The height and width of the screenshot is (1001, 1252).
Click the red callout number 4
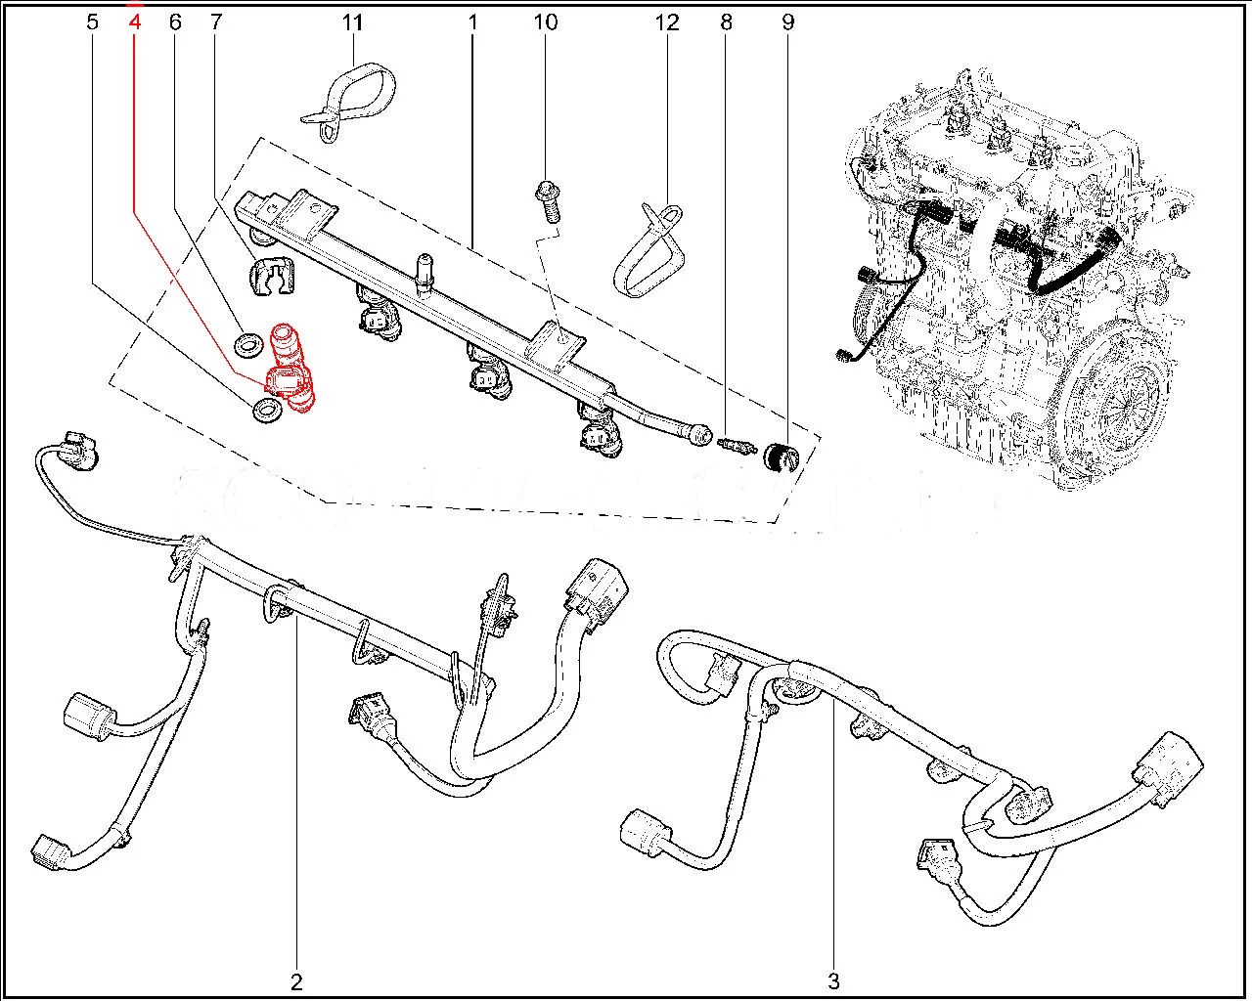[x=135, y=22]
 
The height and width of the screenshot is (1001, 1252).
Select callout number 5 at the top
[x=92, y=22]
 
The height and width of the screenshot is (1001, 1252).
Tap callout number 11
[x=352, y=22]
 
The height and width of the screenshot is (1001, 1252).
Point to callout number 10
[x=546, y=22]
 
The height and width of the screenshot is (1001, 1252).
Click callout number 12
[x=667, y=22]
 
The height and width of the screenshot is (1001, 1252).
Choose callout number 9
[x=788, y=22]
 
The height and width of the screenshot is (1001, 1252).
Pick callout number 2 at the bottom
[x=296, y=980]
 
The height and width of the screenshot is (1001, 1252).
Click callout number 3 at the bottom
[x=833, y=980]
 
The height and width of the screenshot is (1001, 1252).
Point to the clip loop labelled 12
[x=650, y=249]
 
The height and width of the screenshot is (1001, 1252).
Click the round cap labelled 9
[x=781, y=456]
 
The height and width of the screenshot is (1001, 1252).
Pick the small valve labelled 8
[x=736, y=446]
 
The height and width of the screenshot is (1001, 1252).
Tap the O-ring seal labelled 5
[x=266, y=412]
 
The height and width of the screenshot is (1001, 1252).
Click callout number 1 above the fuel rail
[x=471, y=22]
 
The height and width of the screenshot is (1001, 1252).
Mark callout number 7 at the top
[x=215, y=22]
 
